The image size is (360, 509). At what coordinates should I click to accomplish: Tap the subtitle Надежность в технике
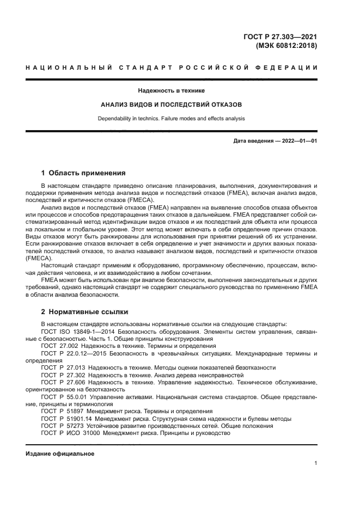click(x=172, y=90)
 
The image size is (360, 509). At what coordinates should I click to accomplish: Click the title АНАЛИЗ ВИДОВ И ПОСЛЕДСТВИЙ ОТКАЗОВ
click(x=172, y=104)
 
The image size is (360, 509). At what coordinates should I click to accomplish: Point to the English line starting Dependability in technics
click(x=172, y=118)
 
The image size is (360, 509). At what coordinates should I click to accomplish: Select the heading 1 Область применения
click(x=83, y=174)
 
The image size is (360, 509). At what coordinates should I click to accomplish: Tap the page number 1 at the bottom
click(x=315, y=463)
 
